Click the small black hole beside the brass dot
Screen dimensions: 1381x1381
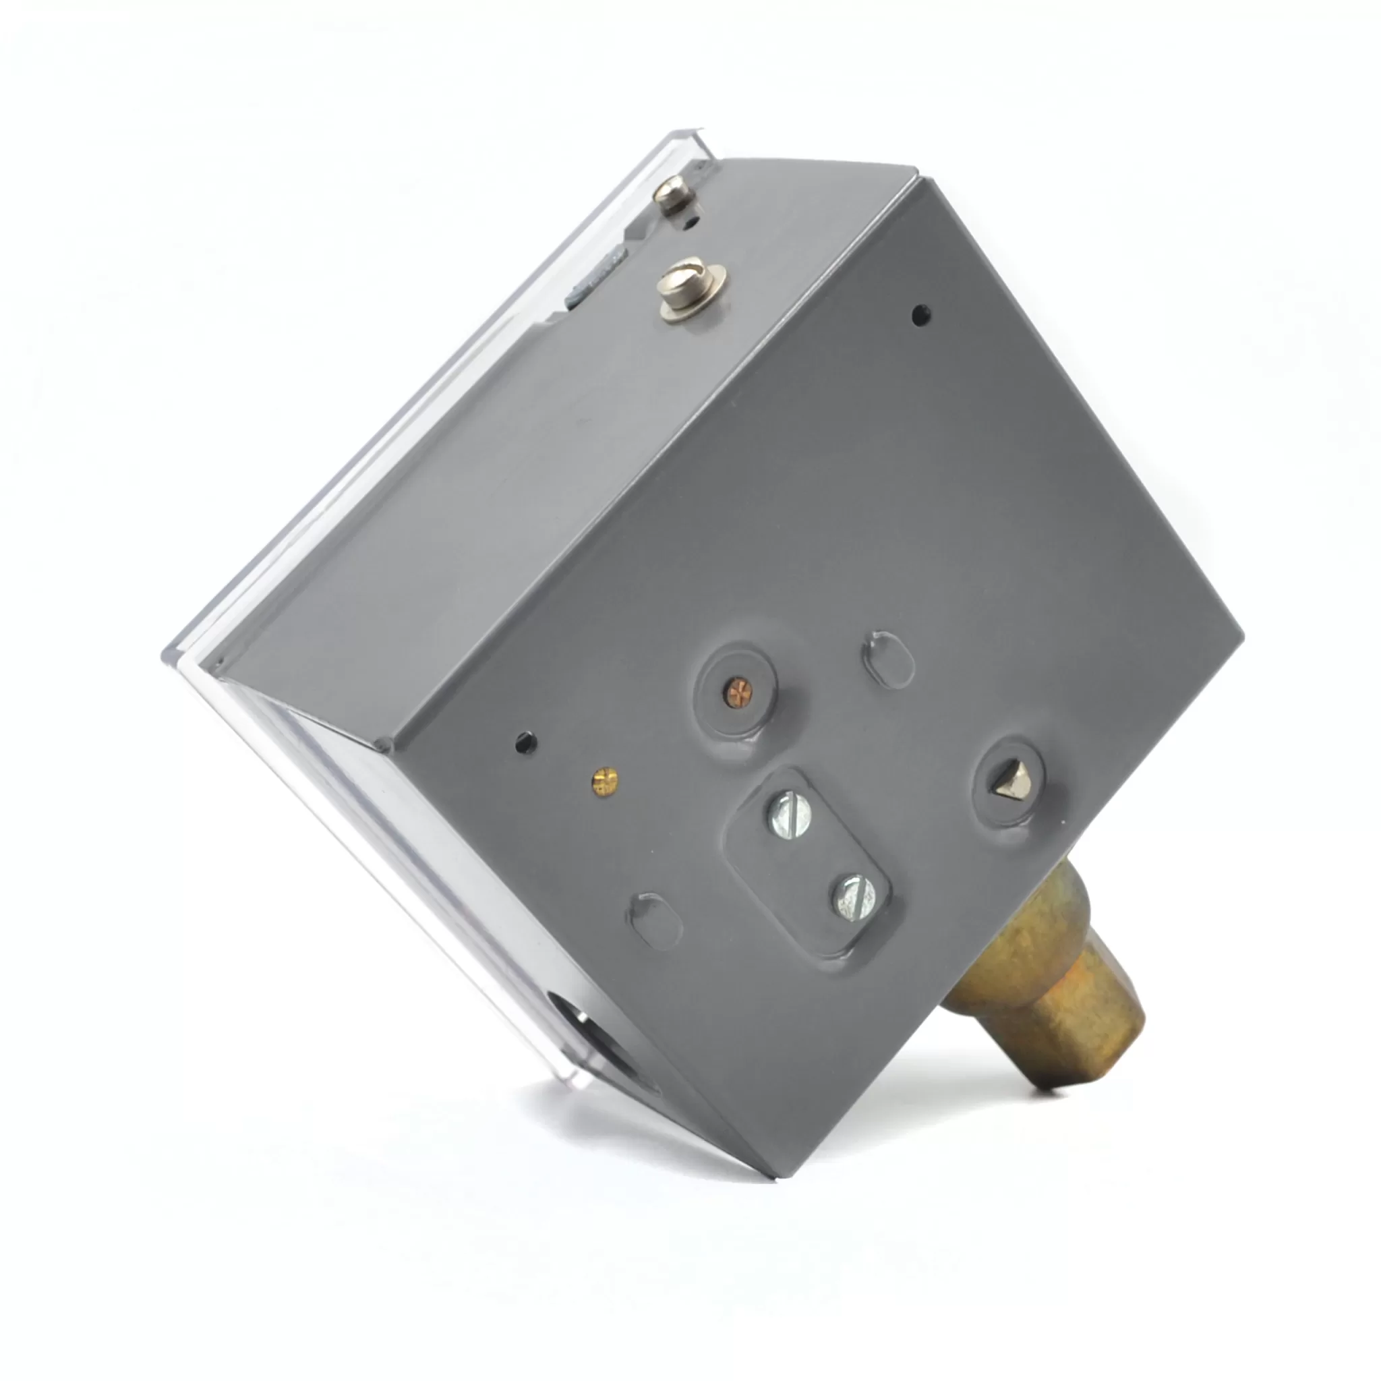[526, 742]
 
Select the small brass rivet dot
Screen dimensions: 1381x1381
[605, 782]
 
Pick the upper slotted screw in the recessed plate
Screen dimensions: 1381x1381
[789, 817]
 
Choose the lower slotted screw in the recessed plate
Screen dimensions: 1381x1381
[855, 898]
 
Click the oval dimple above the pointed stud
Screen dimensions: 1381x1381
[889, 659]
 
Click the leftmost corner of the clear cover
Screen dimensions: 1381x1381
[166, 652]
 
